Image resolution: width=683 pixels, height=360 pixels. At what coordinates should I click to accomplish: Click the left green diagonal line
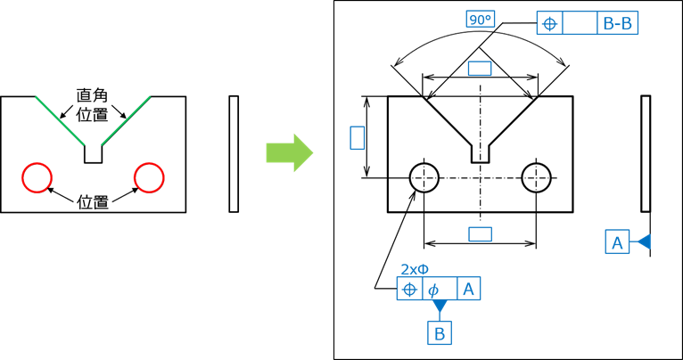[60, 120]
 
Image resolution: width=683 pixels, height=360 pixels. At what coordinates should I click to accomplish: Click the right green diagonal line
[126, 120]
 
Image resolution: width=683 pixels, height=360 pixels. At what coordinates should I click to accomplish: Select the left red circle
[37, 177]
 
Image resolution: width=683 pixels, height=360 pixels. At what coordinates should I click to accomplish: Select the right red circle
[149, 177]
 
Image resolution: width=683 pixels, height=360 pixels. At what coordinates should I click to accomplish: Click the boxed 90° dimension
[480, 19]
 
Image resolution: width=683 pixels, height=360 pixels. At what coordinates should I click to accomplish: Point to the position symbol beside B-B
[549, 23]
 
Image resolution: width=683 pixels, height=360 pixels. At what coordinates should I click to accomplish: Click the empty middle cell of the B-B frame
[580, 23]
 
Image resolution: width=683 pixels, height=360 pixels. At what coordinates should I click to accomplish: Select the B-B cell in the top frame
[617, 23]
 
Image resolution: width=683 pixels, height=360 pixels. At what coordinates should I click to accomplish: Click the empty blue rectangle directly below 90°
[480, 68]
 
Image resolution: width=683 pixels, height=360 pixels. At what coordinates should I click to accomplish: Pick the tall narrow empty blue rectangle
[357, 137]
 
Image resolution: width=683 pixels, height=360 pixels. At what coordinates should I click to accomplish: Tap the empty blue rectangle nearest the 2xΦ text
[480, 233]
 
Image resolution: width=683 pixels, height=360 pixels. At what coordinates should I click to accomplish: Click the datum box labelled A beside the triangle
[616, 241]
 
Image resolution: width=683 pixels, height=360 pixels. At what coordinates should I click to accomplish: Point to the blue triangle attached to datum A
[642, 241]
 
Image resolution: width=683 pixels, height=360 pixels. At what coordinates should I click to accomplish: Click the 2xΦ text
[415, 269]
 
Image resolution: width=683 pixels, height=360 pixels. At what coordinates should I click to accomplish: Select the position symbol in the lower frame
[409, 289]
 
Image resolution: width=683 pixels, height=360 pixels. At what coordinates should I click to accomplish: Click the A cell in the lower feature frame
[468, 289]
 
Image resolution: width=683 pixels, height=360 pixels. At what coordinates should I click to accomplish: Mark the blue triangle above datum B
[439, 307]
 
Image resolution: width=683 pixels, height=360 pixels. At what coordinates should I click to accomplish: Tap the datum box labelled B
[439, 333]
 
